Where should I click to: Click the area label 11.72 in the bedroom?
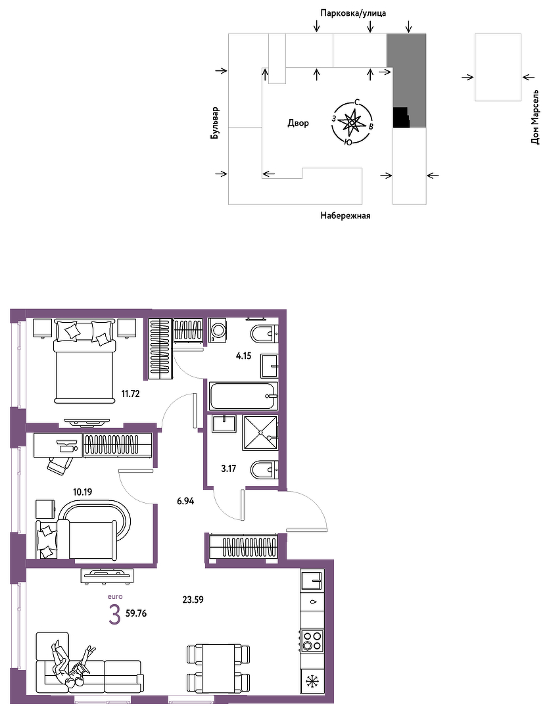click(130, 394)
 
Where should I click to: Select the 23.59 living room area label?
click(193, 600)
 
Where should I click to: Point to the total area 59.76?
click(136, 614)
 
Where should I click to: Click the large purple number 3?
click(114, 615)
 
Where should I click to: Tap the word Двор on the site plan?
click(298, 123)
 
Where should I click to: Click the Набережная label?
click(345, 216)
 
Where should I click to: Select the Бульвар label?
click(215, 123)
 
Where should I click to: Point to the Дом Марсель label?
click(535, 117)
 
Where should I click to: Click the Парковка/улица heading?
click(353, 13)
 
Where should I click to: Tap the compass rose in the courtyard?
click(352, 122)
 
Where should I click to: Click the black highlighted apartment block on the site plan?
click(401, 117)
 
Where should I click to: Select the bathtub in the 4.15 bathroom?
click(243, 396)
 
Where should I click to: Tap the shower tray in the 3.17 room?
click(260, 433)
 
